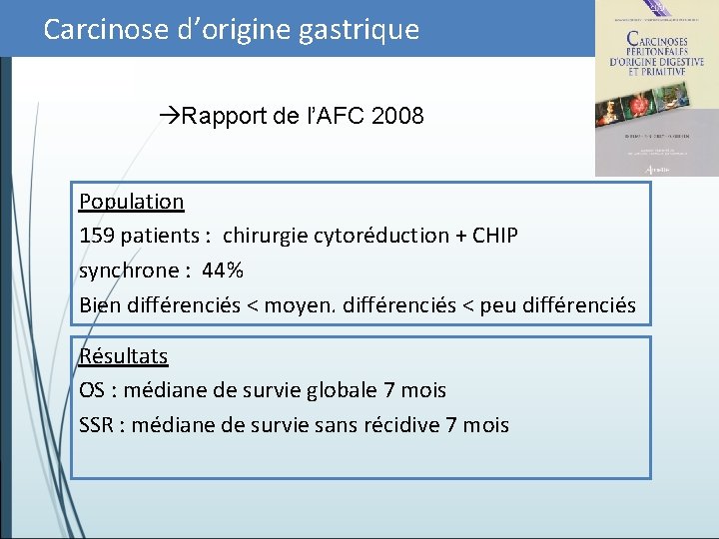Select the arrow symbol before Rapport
pos(169,117)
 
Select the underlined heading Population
pos(132,202)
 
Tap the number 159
pos(97,236)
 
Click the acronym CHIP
pos(494,236)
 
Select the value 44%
pos(223,270)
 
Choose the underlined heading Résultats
pos(124,356)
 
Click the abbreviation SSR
pos(97,425)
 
